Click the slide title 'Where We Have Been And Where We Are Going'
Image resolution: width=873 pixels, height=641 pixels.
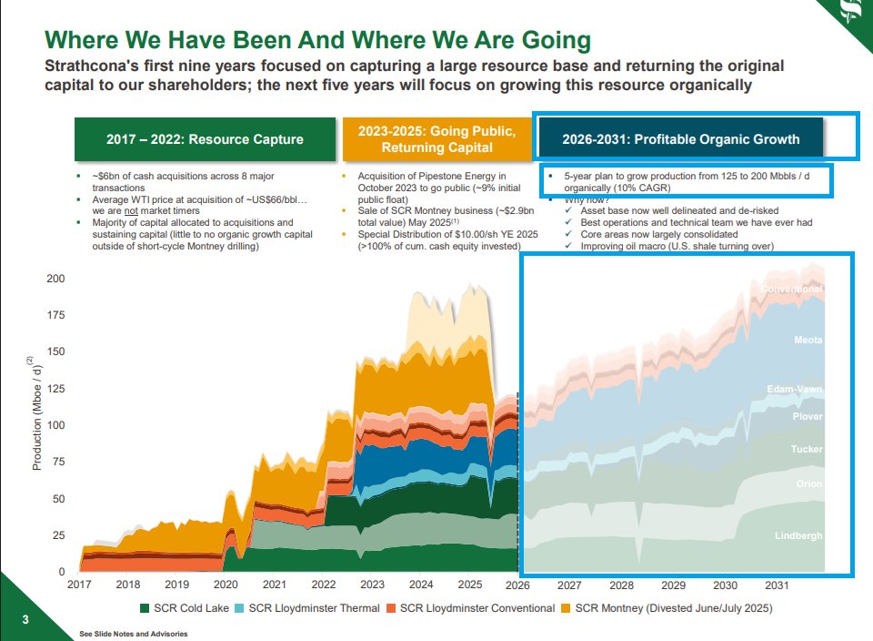(x=317, y=41)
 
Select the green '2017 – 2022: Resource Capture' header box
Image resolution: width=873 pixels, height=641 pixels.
(x=205, y=139)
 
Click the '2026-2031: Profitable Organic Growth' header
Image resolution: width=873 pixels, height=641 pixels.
(x=680, y=139)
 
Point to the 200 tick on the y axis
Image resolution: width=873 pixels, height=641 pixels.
(x=55, y=279)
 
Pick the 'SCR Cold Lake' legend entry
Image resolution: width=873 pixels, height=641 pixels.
(x=182, y=607)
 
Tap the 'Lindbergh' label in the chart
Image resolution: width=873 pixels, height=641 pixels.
(x=798, y=535)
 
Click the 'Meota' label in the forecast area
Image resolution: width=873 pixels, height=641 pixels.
(x=808, y=341)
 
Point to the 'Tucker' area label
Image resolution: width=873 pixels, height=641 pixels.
(x=807, y=450)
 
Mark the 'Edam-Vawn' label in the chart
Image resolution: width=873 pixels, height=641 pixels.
(x=794, y=390)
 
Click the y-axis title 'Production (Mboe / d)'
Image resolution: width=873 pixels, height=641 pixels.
(x=37, y=414)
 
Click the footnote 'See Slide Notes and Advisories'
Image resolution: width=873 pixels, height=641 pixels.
(x=134, y=634)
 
